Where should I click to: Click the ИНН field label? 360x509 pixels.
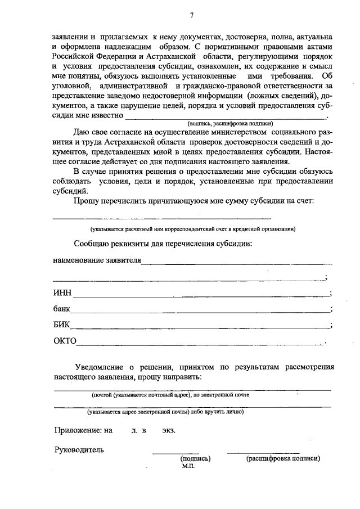coord(62,292)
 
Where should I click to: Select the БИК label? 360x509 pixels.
coord(62,325)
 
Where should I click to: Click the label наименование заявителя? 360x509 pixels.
coord(97,261)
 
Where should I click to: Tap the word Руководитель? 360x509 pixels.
coord(79,449)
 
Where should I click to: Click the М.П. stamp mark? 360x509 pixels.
coord(188,466)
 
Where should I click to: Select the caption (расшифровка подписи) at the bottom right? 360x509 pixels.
coord(283,458)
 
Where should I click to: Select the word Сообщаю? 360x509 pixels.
coord(92,244)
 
